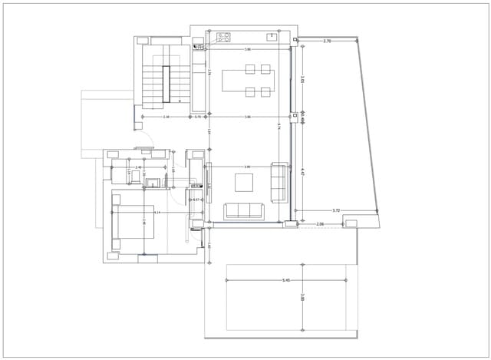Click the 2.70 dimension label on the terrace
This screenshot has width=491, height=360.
tap(328, 41)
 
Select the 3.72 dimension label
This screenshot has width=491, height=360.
tap(336, 210)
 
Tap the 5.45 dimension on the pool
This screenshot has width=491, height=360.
tap(286, 281)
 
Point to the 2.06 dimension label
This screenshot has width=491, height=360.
tap(320, 224)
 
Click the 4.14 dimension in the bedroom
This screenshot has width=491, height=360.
tap(157, 213)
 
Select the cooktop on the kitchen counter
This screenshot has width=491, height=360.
tap(225, 36)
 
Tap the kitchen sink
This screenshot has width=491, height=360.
tap(272, 35)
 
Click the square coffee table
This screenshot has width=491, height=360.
tap(244, 183)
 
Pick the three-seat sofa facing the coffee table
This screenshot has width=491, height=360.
tap(243, 211)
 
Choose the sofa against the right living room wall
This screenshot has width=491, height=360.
tap(279, 180)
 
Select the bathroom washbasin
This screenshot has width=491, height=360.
tap(153, 183)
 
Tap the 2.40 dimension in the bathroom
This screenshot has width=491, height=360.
tap(139, 167)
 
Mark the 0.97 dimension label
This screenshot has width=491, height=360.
tap(196, 200)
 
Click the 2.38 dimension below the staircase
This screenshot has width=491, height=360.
tap(166, 117)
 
